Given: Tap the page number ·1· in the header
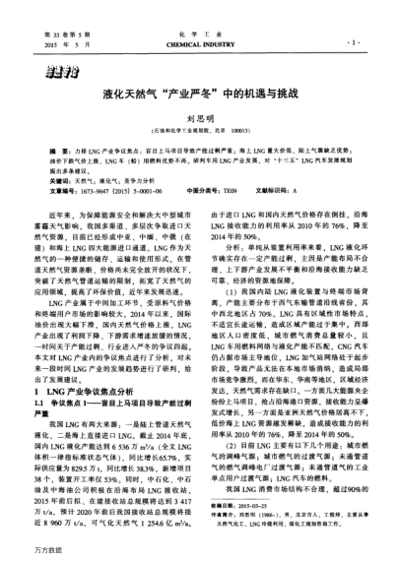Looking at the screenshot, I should [x=352, y=44].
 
